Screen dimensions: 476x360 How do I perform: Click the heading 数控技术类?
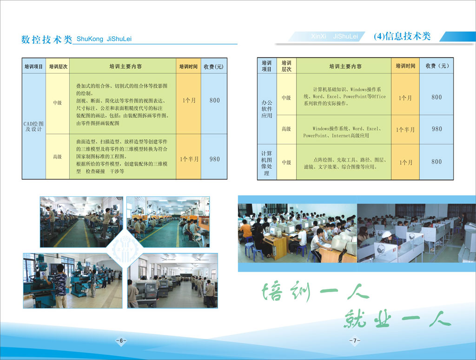(47, 39)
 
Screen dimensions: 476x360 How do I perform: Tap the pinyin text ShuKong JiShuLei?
(104, 39)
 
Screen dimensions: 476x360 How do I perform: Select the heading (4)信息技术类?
(402, 36)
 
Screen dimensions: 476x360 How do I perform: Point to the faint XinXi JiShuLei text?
(334, 36)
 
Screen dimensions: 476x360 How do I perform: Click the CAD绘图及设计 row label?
(33, 127)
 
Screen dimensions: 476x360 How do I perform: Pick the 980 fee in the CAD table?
(215, 159)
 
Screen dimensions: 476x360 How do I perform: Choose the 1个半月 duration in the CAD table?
(189, 159)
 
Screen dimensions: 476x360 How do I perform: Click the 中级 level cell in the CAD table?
(57, 103)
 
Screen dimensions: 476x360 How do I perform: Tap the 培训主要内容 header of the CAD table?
(126, 67)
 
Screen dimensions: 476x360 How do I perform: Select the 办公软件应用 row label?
(267, 109)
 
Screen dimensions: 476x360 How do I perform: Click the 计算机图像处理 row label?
(266, 163)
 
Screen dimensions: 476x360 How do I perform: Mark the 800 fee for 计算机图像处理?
(436, 161)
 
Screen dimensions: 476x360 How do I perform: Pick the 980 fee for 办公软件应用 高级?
(437, 129)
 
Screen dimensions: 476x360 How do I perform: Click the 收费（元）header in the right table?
(437, 66)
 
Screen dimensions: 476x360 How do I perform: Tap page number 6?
(121, 340)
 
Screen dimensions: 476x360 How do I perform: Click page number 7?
(355, 340)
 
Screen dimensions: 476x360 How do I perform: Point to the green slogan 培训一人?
(315, 292)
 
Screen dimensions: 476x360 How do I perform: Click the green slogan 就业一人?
(397, 319)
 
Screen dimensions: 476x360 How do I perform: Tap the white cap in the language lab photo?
(386, 234)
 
